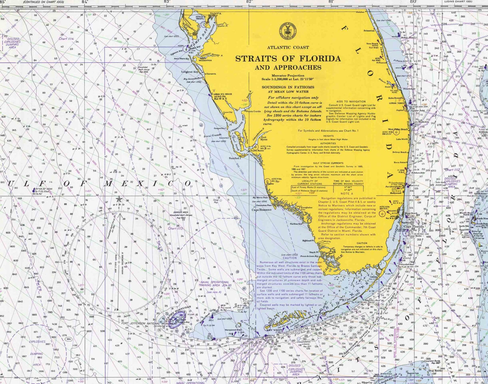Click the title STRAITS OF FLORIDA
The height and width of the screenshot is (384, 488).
click(x=288, y=58)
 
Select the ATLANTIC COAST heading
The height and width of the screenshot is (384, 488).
click(x=288, y=47)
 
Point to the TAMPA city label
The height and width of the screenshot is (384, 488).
click(x=215, y=14)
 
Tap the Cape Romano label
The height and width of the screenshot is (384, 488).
click(x=261, y=210)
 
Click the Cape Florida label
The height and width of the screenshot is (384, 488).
click(x=413, y=227)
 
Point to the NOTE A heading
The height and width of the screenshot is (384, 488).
click(x=347, y=194)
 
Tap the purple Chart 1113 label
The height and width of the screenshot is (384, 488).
click(x=175, y=228)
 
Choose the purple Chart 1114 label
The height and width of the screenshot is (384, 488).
click(x=66, y=39)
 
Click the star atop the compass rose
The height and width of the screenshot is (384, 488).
click(x=119, y=200)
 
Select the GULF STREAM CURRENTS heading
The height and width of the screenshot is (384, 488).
click(x=328, y=163)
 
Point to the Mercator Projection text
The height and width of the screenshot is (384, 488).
click(x=288, y=75)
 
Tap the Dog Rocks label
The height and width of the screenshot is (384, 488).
click(x=435, y=370)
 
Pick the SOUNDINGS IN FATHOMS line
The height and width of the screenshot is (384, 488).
click(x=288, y=87)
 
